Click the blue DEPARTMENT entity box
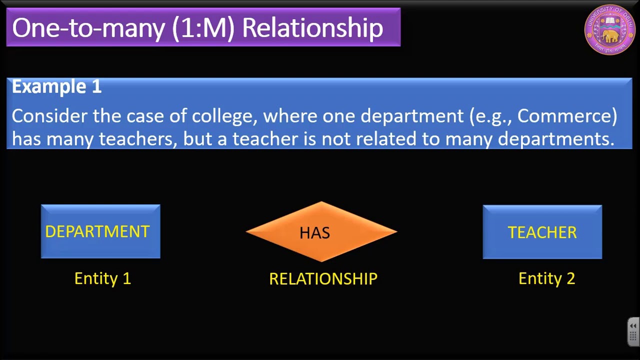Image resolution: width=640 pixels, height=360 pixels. coord(100,231)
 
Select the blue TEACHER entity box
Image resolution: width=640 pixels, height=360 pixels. coord(542,232)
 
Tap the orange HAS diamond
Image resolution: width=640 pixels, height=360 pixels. coord(321,232)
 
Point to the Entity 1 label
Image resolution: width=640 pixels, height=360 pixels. coord(102,278)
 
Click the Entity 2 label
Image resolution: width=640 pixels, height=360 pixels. coord(546,278)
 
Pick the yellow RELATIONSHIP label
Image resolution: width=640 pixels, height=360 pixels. coord(323,279)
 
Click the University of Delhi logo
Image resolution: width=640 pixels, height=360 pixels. coord(609,29)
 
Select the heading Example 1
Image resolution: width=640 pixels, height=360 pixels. coord(56,86)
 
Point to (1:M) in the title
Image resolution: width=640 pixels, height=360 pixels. coord(203,28)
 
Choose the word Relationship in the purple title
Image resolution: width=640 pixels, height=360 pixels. coord(312,28)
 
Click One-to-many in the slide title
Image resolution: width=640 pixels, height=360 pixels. coord(88,28)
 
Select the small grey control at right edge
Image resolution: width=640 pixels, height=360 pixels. coord(633,331)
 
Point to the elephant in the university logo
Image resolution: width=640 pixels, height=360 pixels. coord(610,35)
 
